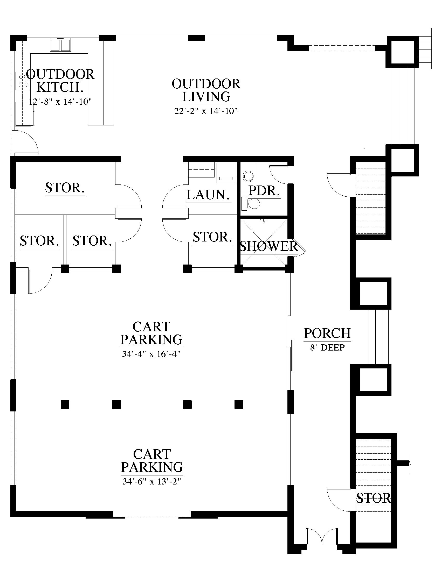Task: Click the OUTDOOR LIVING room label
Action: pyautogui.click(x=206, y=90)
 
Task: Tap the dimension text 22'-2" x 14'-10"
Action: pyautogui.click(x=206, y=111)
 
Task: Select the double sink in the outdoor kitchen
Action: pyautogui.click(x=60, y=45)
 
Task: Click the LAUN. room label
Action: pyautogui.click(x=208, y=195)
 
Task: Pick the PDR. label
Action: pyautogui.click(x=264, y=190)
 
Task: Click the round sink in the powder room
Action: pyautogui.click(x=248, y=176)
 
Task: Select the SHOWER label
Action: pyautogui.click(x=269, y=246)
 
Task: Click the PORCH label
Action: pyautogui.click(x=327, y=333)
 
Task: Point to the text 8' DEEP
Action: pyautogui.click(x=327, y=347)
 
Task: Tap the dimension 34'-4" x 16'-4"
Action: pyautogui.click(x=151, y=354)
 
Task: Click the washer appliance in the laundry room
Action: pyautogui.click(x=226, y=172)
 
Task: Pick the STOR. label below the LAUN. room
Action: pyautogui.click(x=212, y=237)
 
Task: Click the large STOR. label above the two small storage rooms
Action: pyautogui.click(x=65, y=188)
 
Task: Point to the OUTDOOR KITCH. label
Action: pyautogui.click(x=60, y=81)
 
